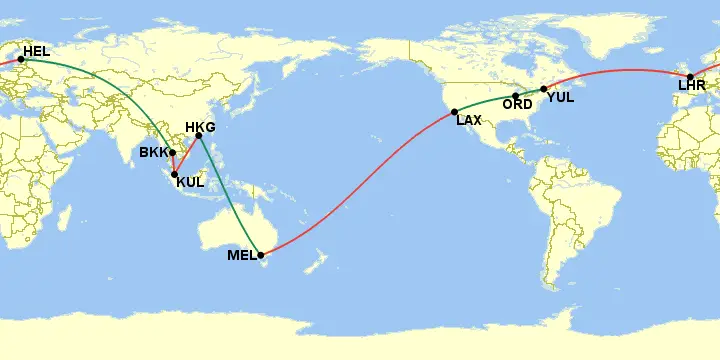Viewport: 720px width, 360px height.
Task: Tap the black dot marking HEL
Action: [21, 59]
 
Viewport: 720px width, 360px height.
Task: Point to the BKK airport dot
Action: [173, 153]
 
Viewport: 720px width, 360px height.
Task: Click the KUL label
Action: [190, 182]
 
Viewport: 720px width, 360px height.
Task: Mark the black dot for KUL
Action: [175, 175]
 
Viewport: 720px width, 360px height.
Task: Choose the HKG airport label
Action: [201, 127]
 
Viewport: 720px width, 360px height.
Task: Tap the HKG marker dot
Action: [198, 136]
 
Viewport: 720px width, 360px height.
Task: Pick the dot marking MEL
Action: [261, 255]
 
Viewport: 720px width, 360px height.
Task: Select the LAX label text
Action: [469, 121]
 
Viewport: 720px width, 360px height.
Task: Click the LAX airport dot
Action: [454, 111]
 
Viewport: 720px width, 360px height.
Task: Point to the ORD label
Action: [517, 105]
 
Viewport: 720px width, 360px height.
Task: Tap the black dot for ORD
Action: [516, 95]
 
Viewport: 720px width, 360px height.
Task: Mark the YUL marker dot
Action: [544, 89]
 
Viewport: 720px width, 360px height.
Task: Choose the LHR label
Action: [692, 86]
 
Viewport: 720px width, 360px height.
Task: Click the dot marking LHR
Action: [690, 77]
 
